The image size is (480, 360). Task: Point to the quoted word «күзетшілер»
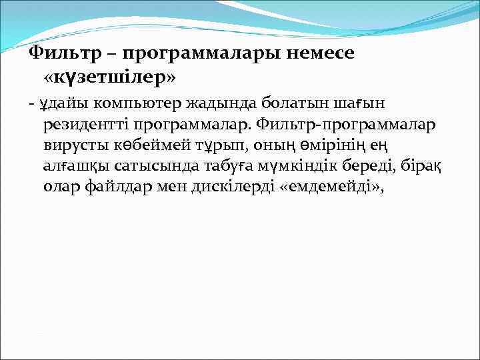tap(110, 78)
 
